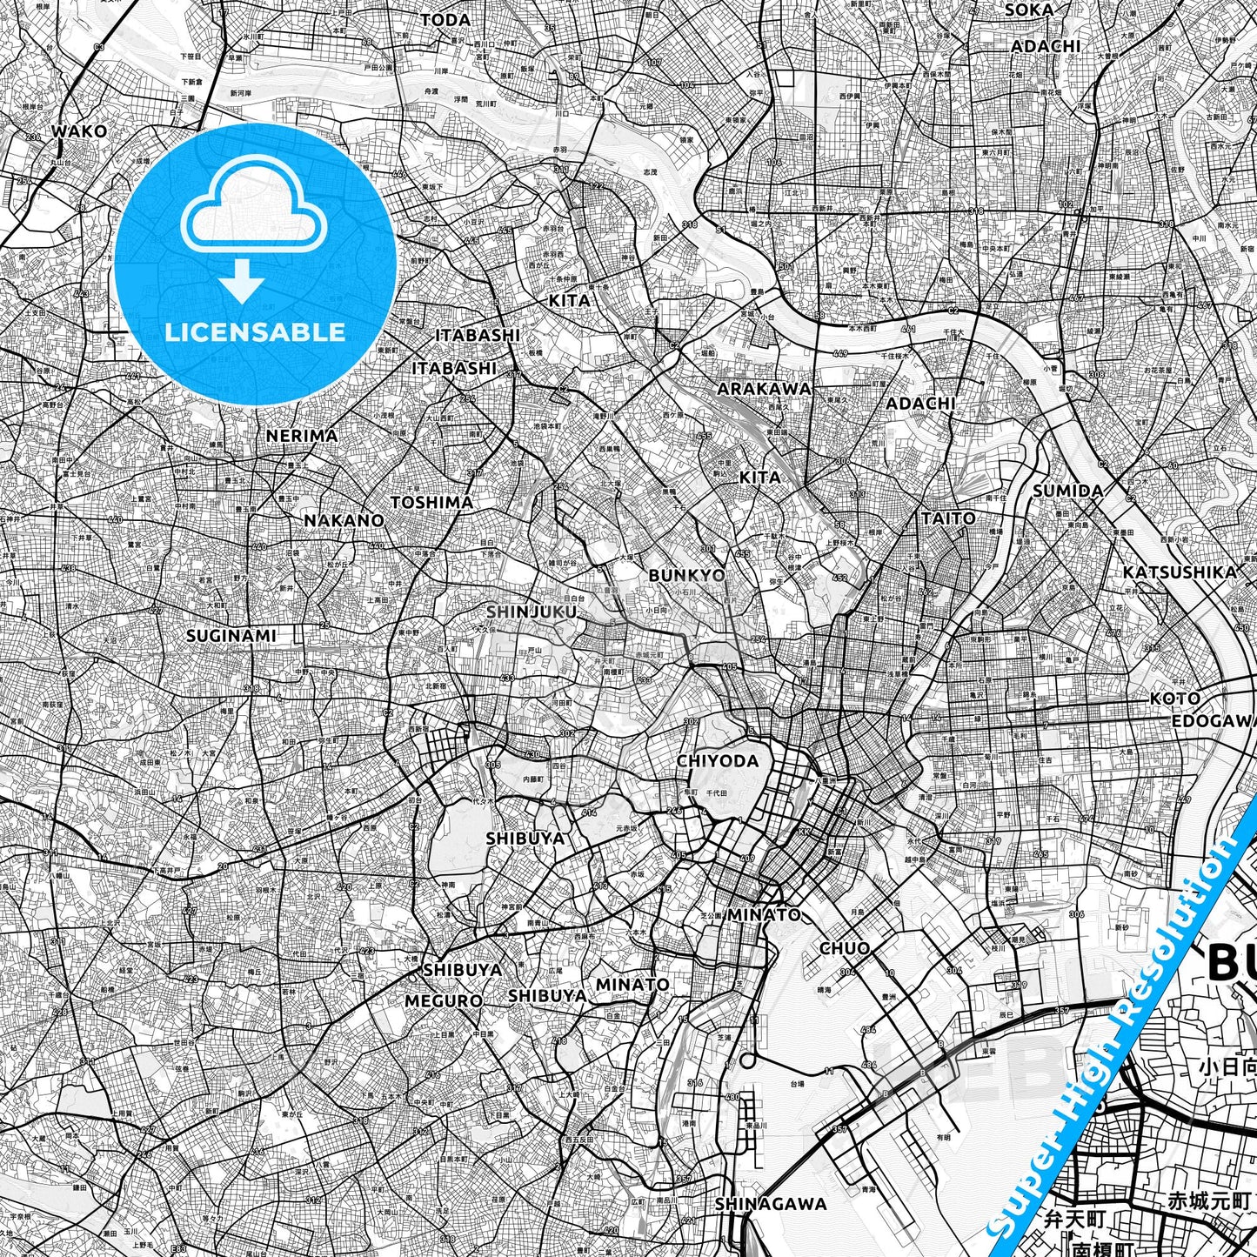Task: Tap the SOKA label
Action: pos(1028,10)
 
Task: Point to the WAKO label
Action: pos(79,131)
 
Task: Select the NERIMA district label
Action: pos(302,435)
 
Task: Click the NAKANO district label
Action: pos(344,520)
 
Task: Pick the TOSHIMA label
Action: pos(431,502)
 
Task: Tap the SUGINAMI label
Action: pos(231,636)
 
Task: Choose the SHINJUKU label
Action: pos(531,612)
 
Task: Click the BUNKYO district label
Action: pos(686,575)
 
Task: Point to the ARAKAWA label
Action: pos(764,388)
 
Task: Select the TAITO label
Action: pos(948,518)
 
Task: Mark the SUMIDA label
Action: pos(1067,491)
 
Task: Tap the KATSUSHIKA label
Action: pos(1179,572)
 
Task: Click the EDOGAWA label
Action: pos(1214,721)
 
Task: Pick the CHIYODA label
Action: pos(718,760)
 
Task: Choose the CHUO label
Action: pos(845,947)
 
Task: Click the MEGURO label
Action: pos(444,1001)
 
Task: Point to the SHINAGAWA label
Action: pos(771,1204)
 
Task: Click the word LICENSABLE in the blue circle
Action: pos(255,331)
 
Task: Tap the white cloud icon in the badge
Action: pos(253,209)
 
